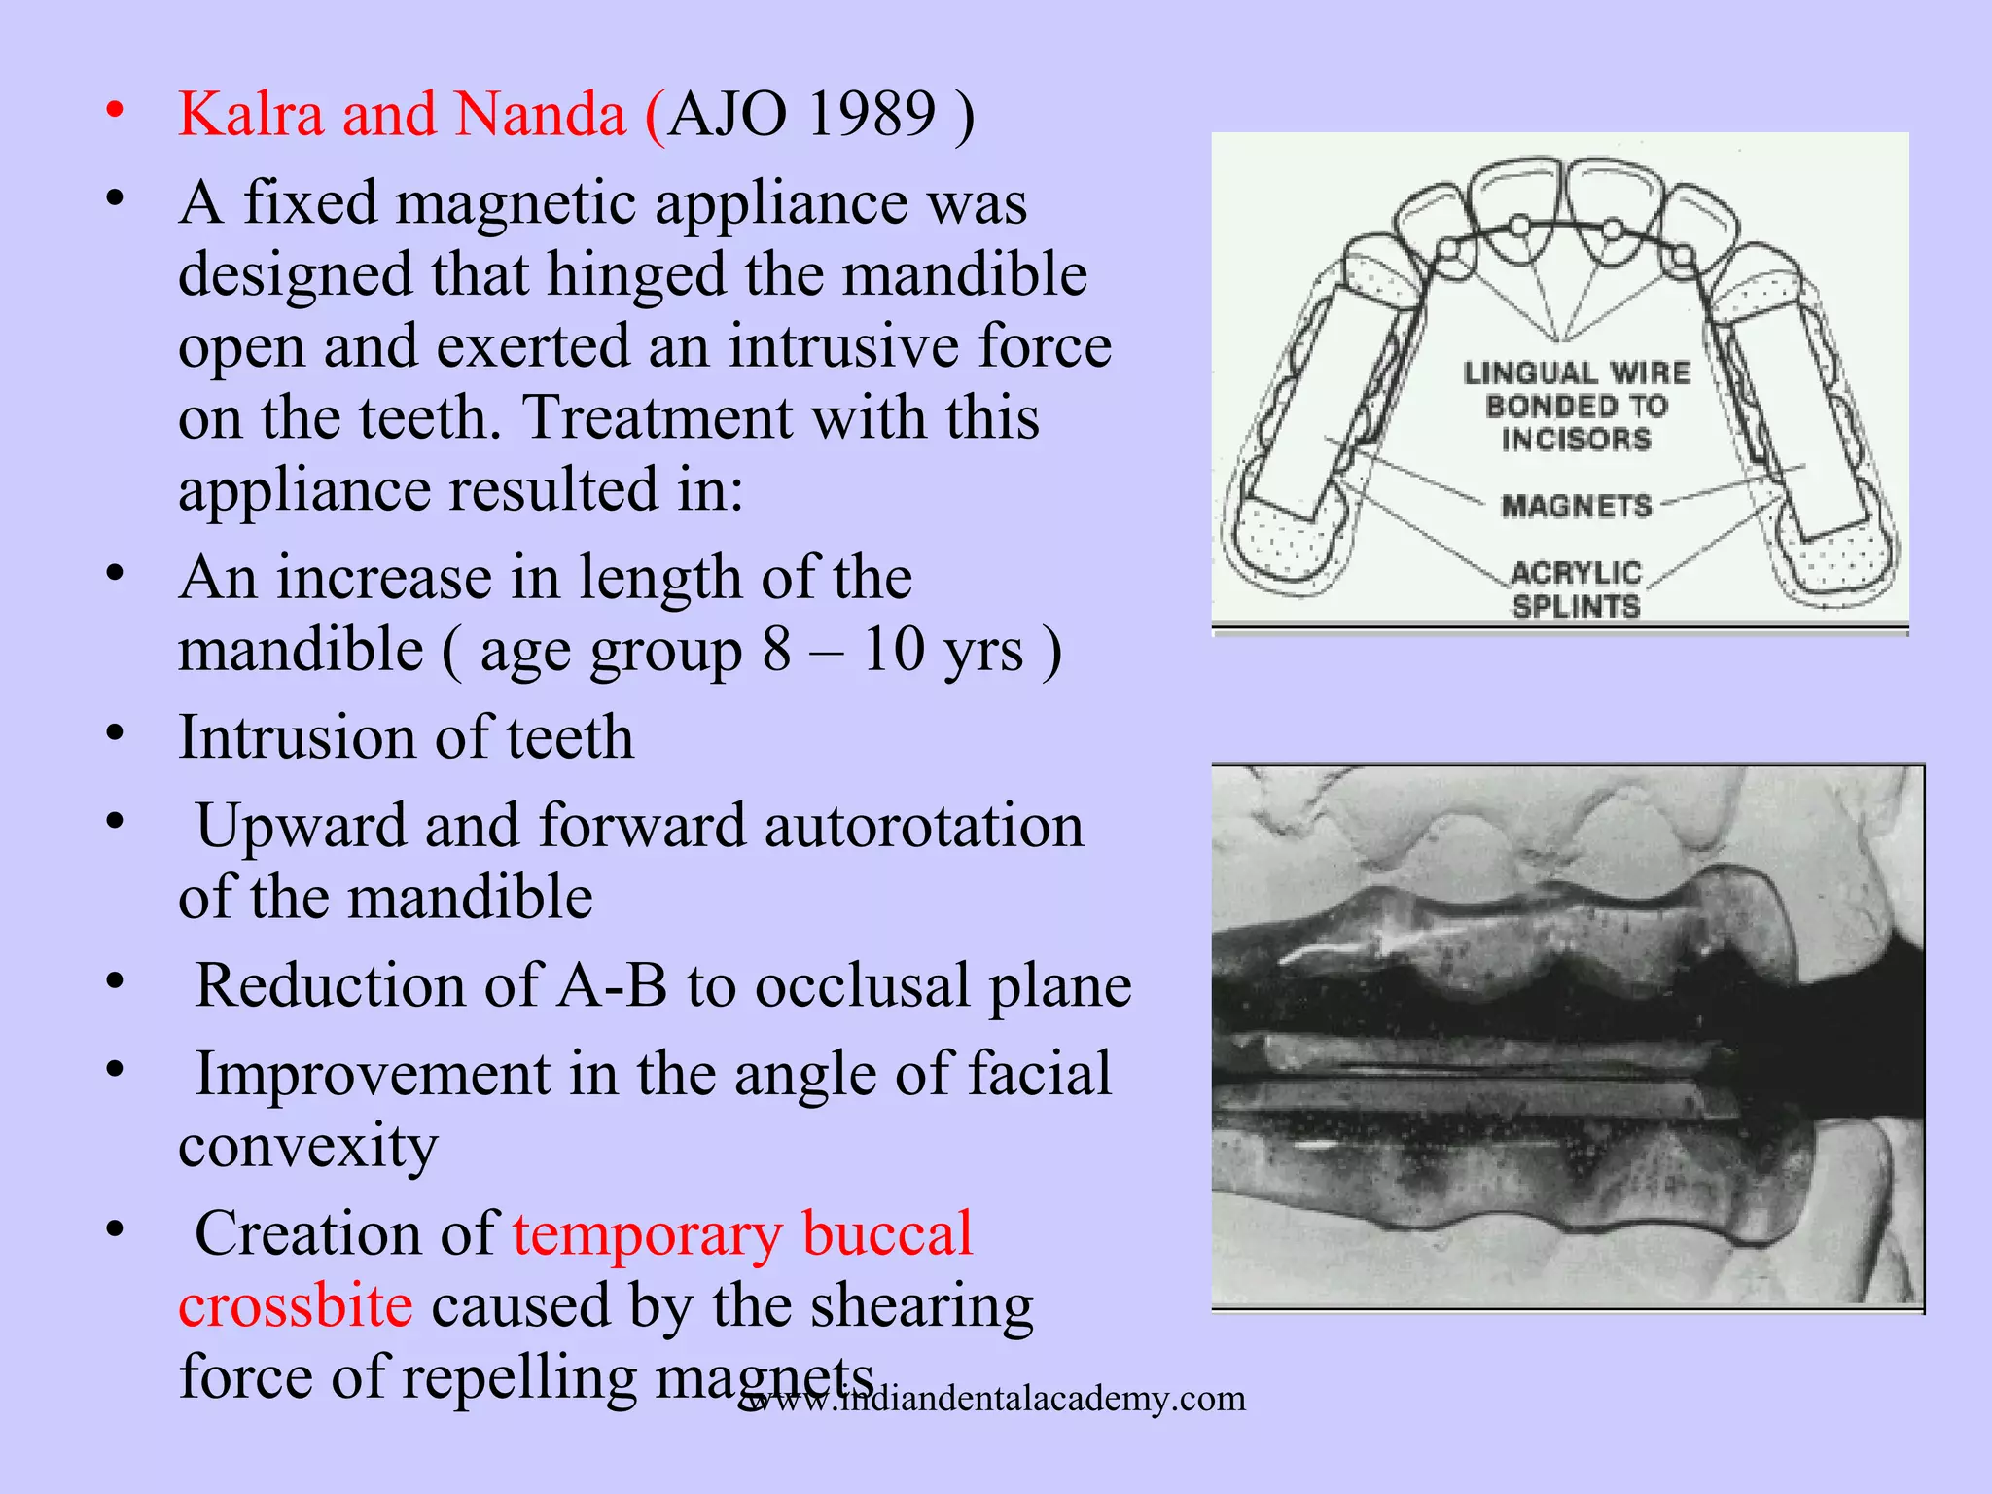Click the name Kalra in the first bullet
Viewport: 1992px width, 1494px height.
pos(251,115)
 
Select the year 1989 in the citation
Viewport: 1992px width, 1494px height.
pos(871,115)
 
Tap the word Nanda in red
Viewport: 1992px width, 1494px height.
pos(540,115)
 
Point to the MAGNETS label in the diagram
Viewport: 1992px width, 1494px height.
pos(1577,506)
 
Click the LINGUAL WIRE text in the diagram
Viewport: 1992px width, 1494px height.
pos(1577,373)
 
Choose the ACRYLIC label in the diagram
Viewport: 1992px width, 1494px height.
pos(1577,572)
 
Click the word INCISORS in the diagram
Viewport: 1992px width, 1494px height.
pos(1577,439)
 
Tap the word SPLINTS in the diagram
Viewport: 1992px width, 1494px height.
pos(1577,606)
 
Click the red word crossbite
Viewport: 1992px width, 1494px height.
pos(296,1305)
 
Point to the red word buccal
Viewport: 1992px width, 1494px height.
pos(887,1233)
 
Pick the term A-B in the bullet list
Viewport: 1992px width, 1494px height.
pos(613,985)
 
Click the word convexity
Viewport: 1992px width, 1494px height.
pos(308,1146)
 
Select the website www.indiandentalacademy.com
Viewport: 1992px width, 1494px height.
pos(992,1399)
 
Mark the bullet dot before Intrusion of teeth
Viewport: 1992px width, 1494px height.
pos(115,733)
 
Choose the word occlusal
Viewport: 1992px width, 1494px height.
pos(862,985)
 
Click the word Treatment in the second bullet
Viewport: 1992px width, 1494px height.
pos(658,418)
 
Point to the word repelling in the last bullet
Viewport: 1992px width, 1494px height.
pos(518,1377)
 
